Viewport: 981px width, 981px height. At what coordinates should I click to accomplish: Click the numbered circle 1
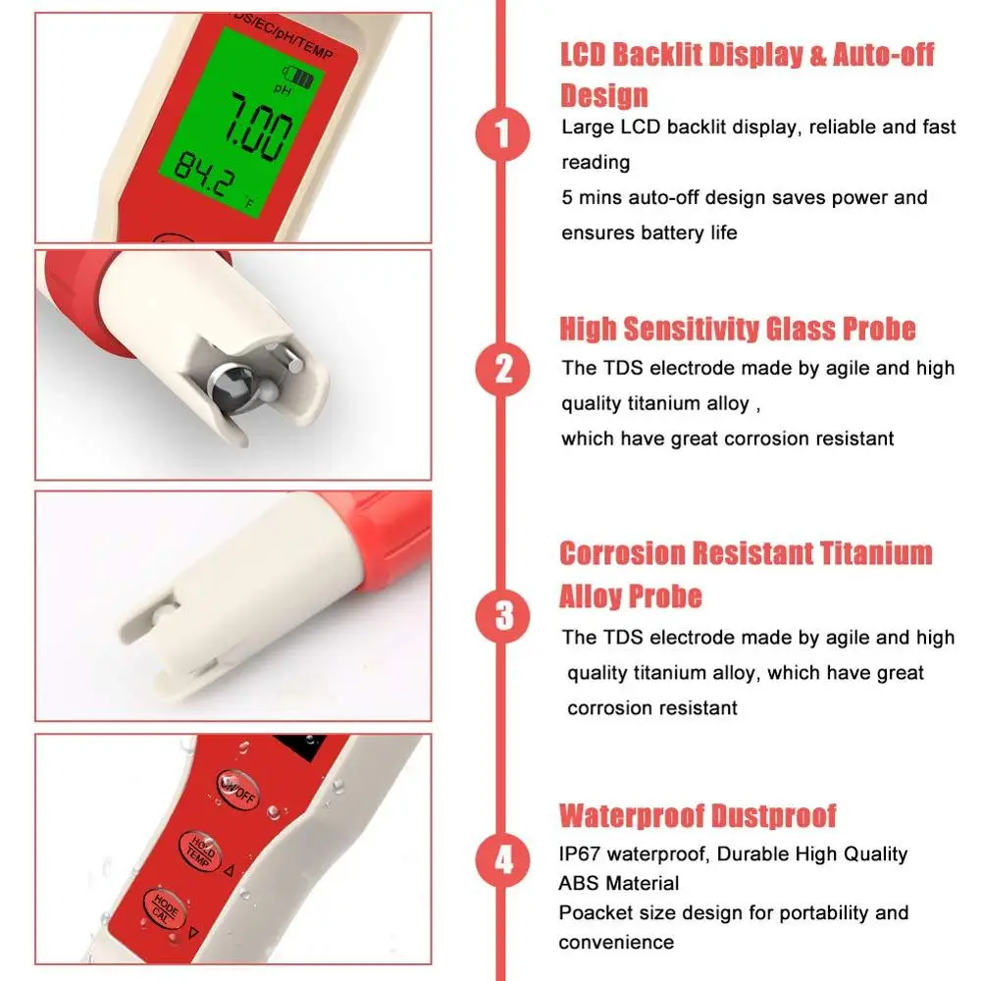502,133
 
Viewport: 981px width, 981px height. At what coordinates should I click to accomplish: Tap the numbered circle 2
502,369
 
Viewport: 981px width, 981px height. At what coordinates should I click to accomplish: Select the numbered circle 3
502,616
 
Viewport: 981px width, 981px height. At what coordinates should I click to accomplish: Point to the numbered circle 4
502,860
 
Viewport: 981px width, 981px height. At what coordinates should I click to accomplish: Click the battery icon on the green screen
299,77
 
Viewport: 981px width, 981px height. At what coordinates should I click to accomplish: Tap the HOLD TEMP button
201,852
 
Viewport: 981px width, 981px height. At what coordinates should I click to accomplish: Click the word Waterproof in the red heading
632,815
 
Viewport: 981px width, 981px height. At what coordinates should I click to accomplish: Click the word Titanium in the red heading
876,553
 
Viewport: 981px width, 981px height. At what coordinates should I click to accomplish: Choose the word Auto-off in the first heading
884,54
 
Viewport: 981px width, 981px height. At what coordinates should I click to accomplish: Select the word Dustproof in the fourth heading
774,815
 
